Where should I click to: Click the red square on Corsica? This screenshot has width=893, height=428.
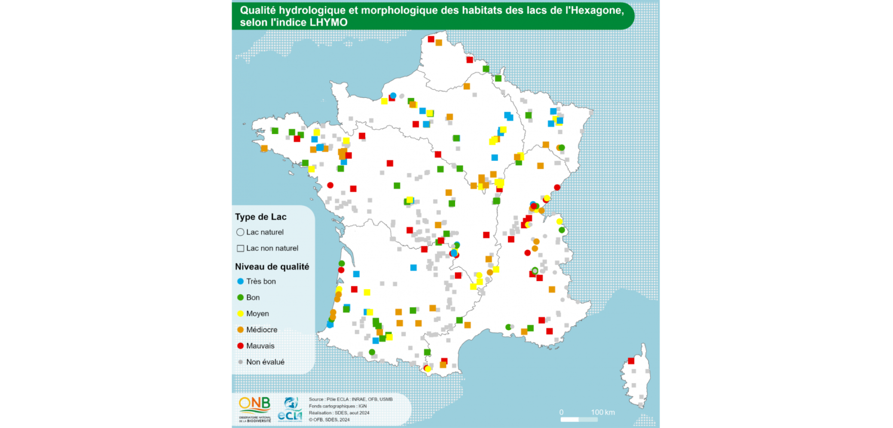tap(631, 361)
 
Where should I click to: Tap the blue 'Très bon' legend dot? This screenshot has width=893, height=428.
tap(241, 281)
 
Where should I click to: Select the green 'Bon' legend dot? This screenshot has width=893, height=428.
tap(241, 297)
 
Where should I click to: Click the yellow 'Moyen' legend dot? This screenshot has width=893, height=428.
tap(241, 314)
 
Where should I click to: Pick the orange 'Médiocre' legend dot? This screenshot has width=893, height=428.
tap(241, 330)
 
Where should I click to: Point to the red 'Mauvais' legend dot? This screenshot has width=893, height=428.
tap(241, 346)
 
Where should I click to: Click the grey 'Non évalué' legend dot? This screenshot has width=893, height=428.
tap(241, 362)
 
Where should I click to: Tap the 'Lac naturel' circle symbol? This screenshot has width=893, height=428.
tap(240, 232)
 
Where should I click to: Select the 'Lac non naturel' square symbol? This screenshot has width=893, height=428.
tap(241, 248)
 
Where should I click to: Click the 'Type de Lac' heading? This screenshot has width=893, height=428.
tap(260, 217)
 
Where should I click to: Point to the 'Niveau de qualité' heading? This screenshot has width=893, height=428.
tap(272, 266)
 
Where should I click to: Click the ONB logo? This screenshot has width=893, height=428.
tap(255, 408)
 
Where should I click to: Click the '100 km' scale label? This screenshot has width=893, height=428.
tap(602, 412)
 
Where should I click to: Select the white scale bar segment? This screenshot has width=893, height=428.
tap(569, 419)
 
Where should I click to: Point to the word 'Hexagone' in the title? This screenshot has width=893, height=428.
tap(594, 10)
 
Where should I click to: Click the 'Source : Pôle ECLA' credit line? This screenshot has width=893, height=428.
tap(351, 399)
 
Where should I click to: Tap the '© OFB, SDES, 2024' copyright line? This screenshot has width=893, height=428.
tap(329, 420)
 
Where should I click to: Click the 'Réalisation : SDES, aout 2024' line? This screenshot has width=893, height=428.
tap(339, 413)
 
